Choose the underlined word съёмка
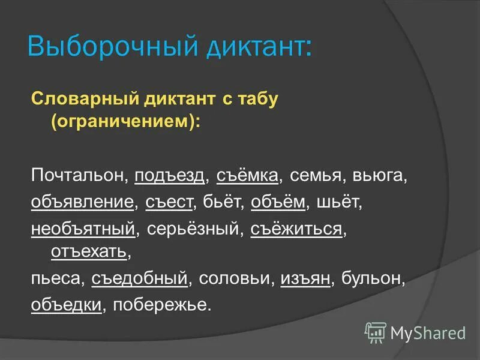click(x=248, y=176)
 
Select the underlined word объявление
click(x=82, y=202)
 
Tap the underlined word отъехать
click(x=89, y=253)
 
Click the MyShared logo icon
click(x=376, y=332)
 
